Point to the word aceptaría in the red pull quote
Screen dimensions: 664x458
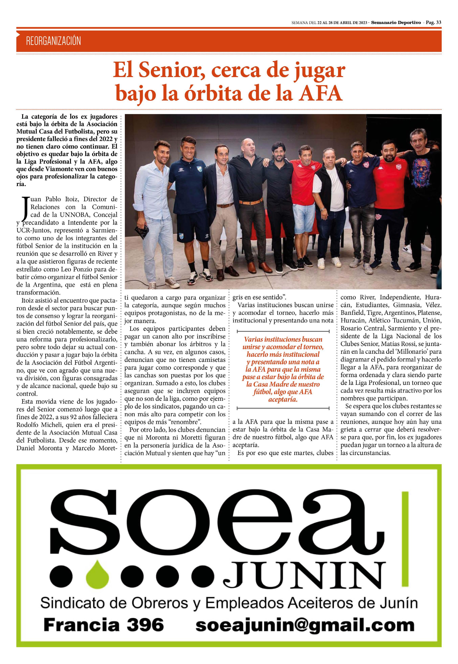[283, 399]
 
